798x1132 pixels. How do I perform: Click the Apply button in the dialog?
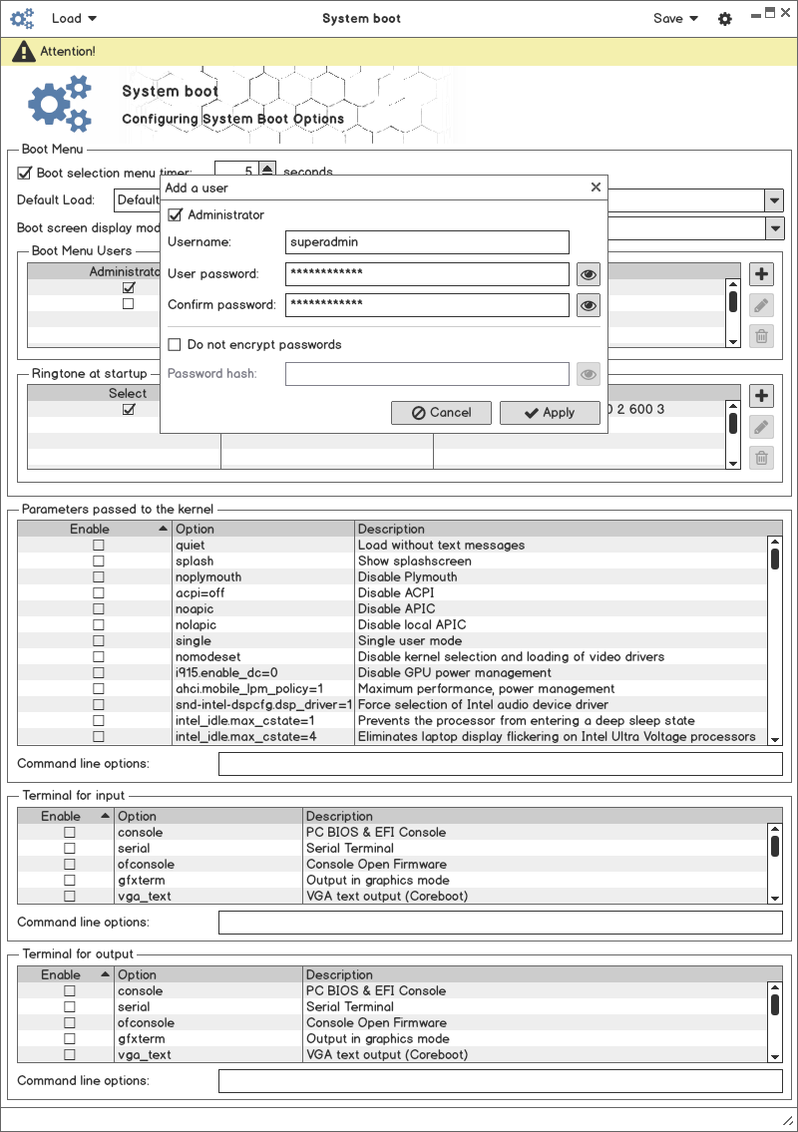550,412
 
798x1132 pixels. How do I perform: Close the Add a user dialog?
596,187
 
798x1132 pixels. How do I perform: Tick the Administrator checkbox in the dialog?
176,214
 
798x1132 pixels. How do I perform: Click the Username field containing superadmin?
427,241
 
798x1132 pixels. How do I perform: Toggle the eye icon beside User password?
589,274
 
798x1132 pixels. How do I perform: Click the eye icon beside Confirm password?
589,305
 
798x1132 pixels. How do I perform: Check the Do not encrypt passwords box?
176,344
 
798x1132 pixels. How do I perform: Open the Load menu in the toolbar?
74,18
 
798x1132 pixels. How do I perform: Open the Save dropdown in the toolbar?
675,18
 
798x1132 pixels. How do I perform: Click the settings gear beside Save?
725,19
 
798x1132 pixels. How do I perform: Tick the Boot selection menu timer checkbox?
25,173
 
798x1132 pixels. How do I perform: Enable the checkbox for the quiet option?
98,546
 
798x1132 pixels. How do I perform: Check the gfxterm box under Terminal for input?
70,881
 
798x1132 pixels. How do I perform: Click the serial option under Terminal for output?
134,1007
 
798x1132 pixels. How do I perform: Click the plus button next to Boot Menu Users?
761,275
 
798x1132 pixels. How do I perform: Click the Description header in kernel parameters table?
391,529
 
